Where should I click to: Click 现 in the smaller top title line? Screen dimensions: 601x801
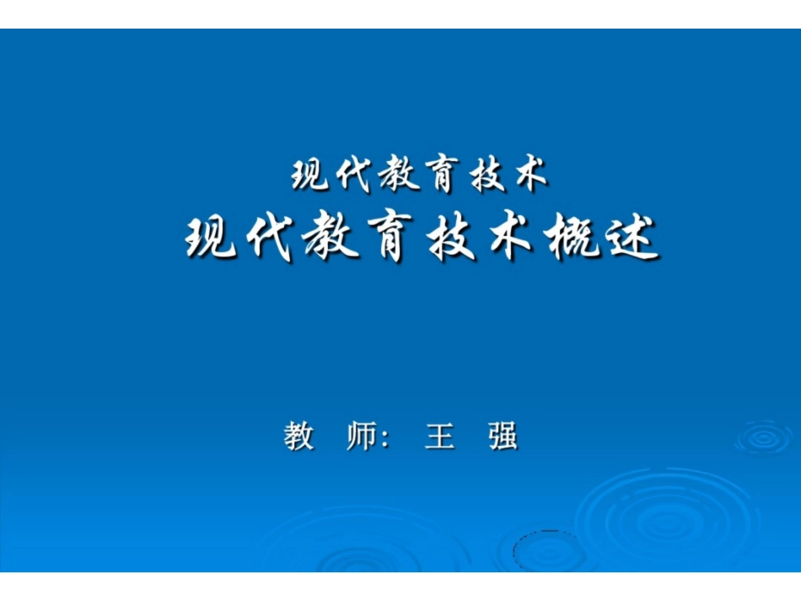tap(310, 175)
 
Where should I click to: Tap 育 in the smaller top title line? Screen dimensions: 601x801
tap(436, 175)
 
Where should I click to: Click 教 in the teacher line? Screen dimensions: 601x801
tap(299, 437)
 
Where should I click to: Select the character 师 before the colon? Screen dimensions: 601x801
tap(362, 437)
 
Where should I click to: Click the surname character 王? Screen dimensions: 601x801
tap(440, 437)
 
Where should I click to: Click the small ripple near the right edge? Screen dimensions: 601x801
tap(764, 437)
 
